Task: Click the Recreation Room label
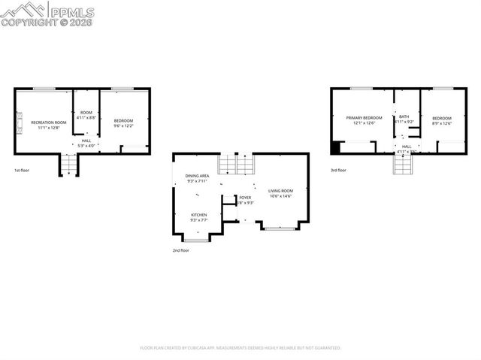coord(49,122)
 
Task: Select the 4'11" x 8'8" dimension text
coord(86,118)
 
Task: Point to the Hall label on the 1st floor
coord(86,141)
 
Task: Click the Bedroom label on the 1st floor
coord(123,121)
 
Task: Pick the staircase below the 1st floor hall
coord(69,165)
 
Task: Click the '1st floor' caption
coord(23,170)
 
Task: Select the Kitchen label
coord(198,214)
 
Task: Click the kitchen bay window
coord(198,239)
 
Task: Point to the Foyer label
coord(245,198)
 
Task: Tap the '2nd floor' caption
coord(180,250)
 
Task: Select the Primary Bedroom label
coord(364,118)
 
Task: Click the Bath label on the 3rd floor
coord(404,116)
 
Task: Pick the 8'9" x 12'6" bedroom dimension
coord(442,123)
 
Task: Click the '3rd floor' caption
coord(338,170)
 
